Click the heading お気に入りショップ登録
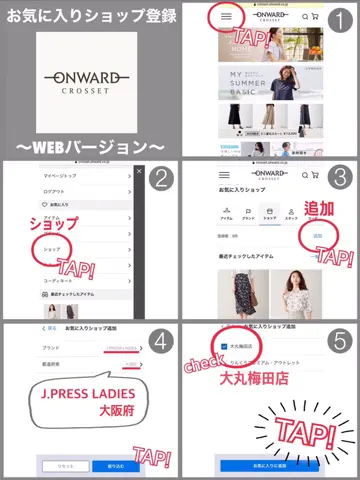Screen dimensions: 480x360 (x=90, y=17)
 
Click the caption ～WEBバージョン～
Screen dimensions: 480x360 (x=90, y=146)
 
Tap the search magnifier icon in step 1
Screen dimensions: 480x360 (x=305, y=17)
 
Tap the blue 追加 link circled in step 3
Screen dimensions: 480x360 (x=317, y=236)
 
